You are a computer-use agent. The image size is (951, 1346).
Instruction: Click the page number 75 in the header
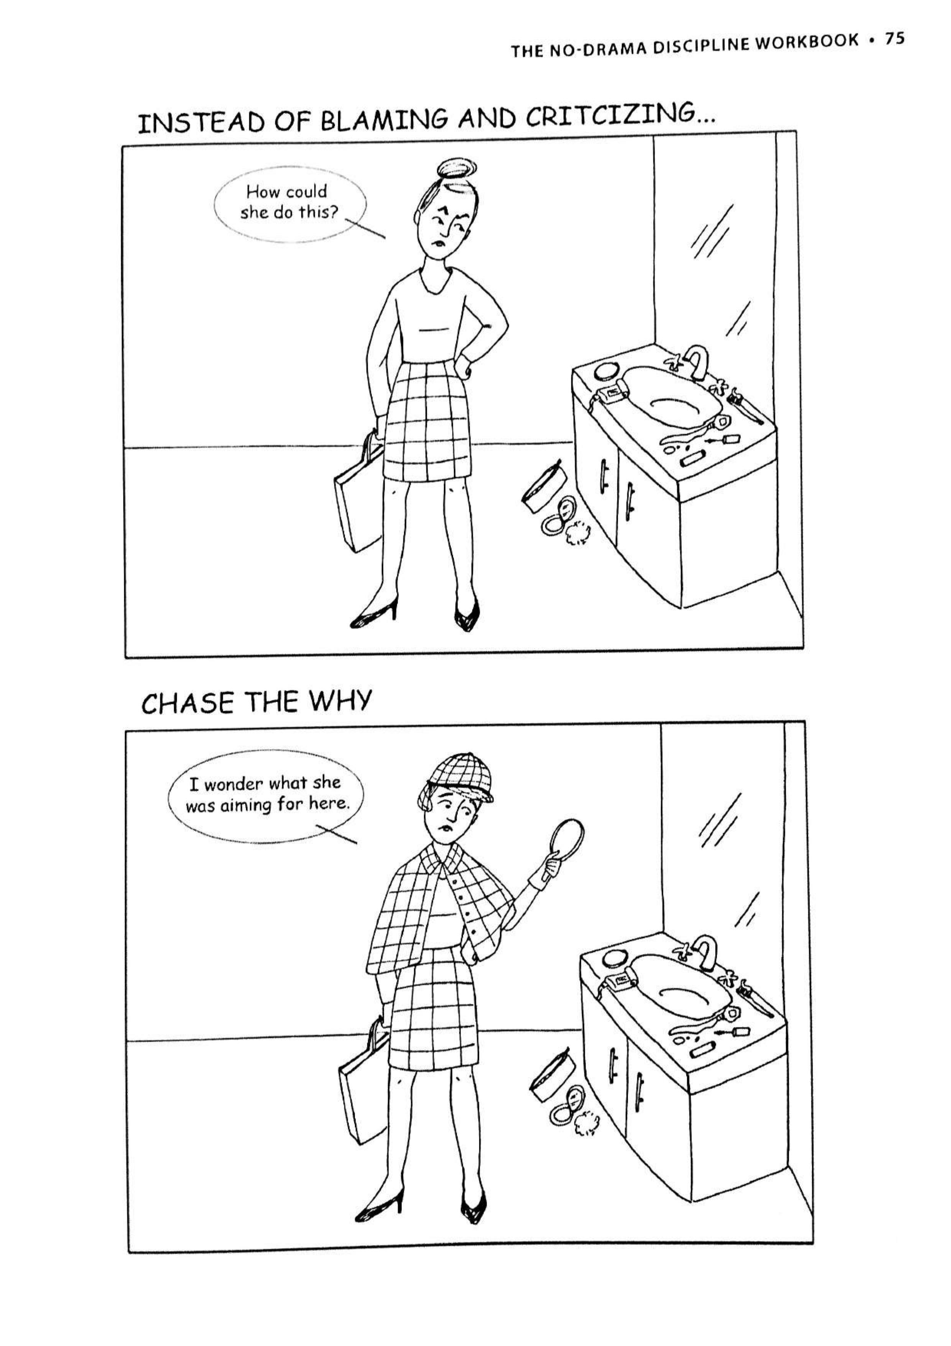[894, 39]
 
